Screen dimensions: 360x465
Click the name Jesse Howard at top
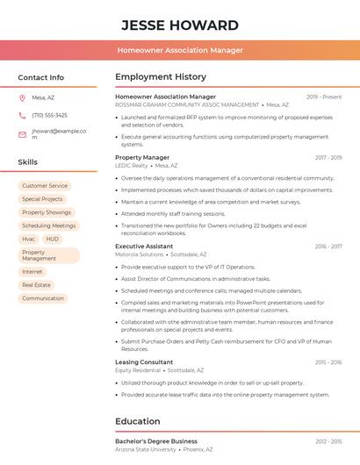[180, 25]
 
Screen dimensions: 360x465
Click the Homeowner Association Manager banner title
[180, 50]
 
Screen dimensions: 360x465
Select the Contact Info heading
[40, 77]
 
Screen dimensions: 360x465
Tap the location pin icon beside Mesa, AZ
[22, 98]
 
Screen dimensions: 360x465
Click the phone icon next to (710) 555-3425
[22, 116]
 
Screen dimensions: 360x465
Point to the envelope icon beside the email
[22, 134]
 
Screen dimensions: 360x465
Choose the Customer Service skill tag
[45, 186]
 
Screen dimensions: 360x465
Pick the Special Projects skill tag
[42, 199]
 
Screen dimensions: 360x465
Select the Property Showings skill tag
[47, 212]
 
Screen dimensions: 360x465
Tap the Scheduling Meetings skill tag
[49, 225]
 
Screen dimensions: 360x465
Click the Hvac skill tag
[28, 239]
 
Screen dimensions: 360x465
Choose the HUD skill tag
[53, 239]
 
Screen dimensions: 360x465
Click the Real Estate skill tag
[36, 285]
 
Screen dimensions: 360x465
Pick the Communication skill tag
[43, 298]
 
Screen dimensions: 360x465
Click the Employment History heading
[161, 77]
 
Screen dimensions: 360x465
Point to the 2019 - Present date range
[324, 97]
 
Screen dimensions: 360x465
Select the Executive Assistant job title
[144, 247]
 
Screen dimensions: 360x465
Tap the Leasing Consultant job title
[144, 362]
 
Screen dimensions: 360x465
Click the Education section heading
[137, 421]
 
